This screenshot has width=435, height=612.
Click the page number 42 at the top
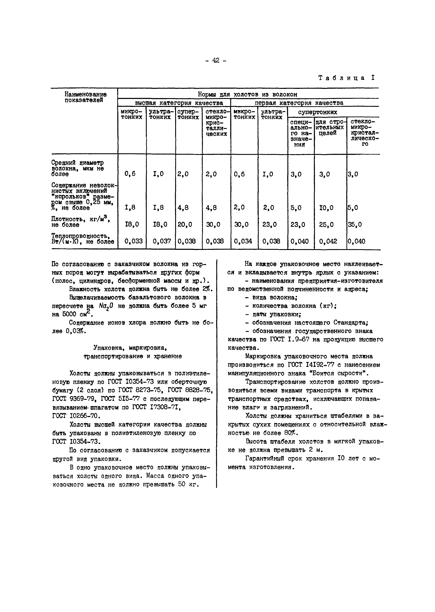(x=216, y=60)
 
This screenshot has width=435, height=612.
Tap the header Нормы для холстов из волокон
(x=247, y=94)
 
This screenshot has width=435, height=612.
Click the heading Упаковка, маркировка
(x=130, y=348)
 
